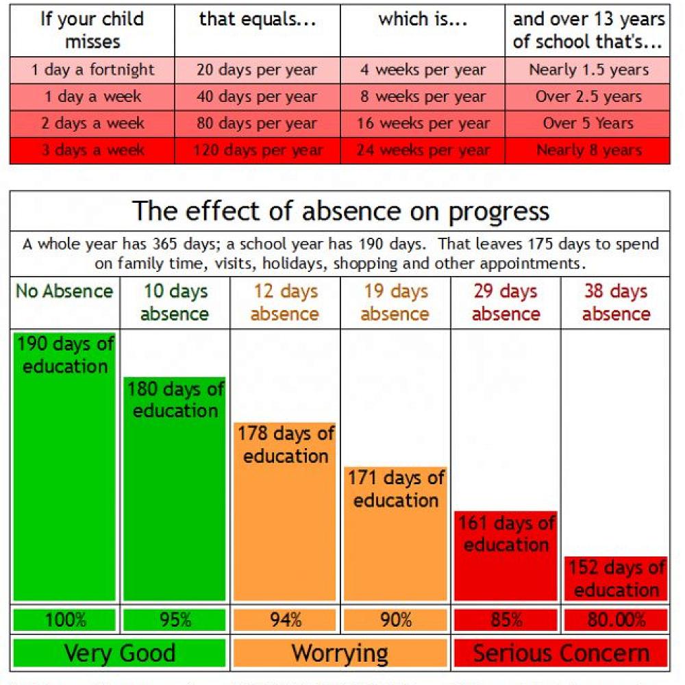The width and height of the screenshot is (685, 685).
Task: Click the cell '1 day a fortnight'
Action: tap(92, 70)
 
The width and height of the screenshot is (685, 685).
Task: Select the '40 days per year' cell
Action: tap(257, 97)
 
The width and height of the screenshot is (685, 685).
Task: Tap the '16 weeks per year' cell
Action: tap(423, 124)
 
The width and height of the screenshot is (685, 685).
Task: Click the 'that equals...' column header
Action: tap(257, 19)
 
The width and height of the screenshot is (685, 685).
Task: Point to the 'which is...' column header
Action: tap(423, 19)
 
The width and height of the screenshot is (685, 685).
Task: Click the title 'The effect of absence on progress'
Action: tap(340, 210)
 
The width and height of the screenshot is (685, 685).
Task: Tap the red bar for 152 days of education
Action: tap(616, 580)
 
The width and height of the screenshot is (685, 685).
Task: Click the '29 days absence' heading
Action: tap(506, 302)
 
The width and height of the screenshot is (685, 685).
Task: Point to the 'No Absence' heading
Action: tap(64, 291)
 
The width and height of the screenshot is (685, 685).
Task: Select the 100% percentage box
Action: tap(65, 620)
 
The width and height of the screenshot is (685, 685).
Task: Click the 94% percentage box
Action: tap(286, 620)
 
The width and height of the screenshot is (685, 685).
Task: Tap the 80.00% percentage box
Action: tap(616, 620)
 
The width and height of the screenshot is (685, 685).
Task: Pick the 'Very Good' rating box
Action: tap(120, 653)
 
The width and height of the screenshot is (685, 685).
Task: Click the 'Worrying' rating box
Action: tap(340, 653)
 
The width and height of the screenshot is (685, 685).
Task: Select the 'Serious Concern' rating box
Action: tap(560, 653)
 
